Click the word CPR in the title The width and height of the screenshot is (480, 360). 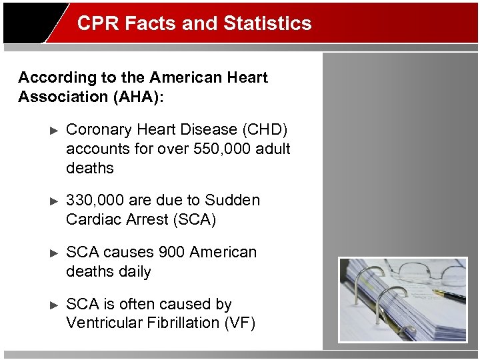(93, 23)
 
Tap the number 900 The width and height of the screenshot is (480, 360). (172, 252)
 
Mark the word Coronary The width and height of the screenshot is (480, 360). (97, 129)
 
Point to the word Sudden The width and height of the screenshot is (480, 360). (233, 200)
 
